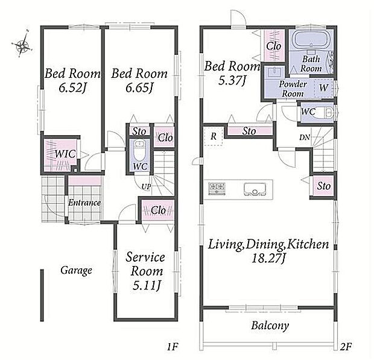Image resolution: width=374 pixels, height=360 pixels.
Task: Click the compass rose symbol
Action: click(22, 45)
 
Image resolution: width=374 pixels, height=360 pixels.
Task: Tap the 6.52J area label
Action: click(72, 88)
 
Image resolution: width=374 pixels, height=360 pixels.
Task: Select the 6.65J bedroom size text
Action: click(139, 88)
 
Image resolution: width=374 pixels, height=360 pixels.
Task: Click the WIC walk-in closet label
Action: click(65, 154)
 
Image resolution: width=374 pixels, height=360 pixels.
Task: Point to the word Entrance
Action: click(84, 203)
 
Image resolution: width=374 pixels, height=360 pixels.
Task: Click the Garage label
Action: click(77, 270)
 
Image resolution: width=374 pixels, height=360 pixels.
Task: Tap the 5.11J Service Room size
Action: click(147, 285)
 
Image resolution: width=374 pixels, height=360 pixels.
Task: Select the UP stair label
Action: click(146, 187)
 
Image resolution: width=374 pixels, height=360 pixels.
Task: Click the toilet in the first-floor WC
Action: click(139, 151)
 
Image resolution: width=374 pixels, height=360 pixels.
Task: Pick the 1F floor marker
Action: click(172, 347)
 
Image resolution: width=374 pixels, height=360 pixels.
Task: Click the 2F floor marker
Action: click(346, 346)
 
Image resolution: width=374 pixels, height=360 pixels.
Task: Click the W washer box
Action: click(324, 87)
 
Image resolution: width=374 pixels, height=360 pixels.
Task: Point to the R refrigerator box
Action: click(214, 136)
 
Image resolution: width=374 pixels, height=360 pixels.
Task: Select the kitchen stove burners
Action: click(217, 188)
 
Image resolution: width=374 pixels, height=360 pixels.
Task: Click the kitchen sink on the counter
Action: click(255, 189)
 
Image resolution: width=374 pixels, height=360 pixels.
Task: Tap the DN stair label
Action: click(305, 137)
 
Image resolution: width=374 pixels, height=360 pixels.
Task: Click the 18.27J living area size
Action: click(268, 258)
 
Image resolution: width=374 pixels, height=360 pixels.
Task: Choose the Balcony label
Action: click(270, 326)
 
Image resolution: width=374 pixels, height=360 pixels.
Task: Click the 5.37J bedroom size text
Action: click(232, 81)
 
